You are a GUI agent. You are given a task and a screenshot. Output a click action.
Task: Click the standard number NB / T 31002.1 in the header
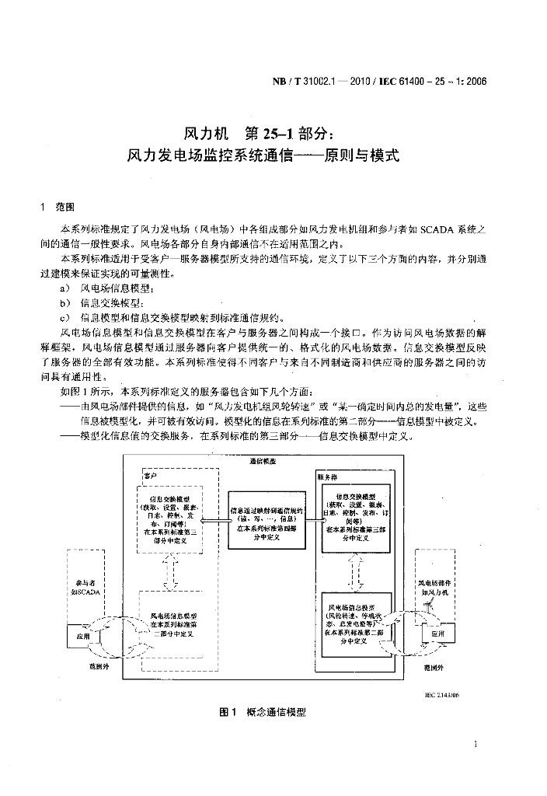[x=318, y=80]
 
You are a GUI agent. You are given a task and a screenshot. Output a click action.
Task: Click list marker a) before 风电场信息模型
[x=65, y=288]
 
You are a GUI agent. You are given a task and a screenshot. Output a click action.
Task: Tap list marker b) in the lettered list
[x=65, y=302]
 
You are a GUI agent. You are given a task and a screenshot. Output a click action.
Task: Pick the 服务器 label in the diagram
[x=326, y=475]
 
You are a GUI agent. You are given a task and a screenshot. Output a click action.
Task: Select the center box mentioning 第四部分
[x=262, y=517]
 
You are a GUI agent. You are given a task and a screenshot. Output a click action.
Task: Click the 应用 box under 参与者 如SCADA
[x=83, y=635]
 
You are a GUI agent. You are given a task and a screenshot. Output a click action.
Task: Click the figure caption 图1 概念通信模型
[x=263, y=711]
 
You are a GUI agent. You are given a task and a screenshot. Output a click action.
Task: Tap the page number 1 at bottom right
[x=475, y=744]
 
